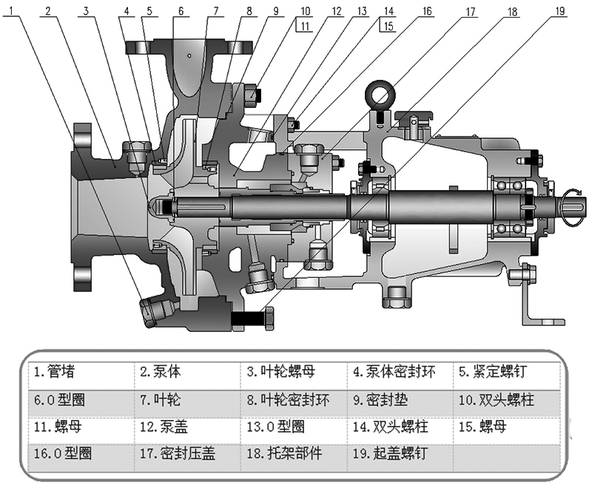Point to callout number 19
point(560,11)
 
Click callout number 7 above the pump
point(216,11)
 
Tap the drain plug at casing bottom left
point(155,310)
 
